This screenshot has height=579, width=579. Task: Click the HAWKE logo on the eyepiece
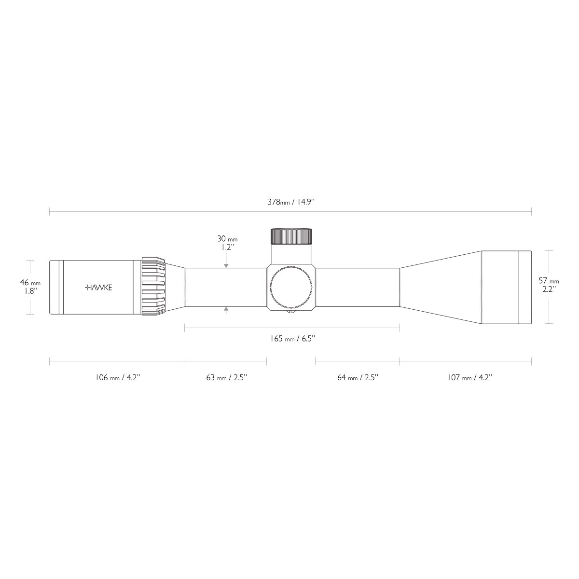98,288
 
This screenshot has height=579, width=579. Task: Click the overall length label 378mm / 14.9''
291,202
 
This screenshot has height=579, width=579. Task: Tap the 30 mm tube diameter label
227,239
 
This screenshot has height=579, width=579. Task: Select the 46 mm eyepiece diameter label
30,283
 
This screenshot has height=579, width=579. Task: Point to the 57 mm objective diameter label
549,281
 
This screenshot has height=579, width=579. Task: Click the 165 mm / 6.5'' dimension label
292,339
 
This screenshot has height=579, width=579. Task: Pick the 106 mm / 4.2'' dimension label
118,377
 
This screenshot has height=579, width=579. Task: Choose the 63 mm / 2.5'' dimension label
227,377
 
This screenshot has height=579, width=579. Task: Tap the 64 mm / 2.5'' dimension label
358,377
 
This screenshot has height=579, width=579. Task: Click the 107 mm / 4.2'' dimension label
470,377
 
